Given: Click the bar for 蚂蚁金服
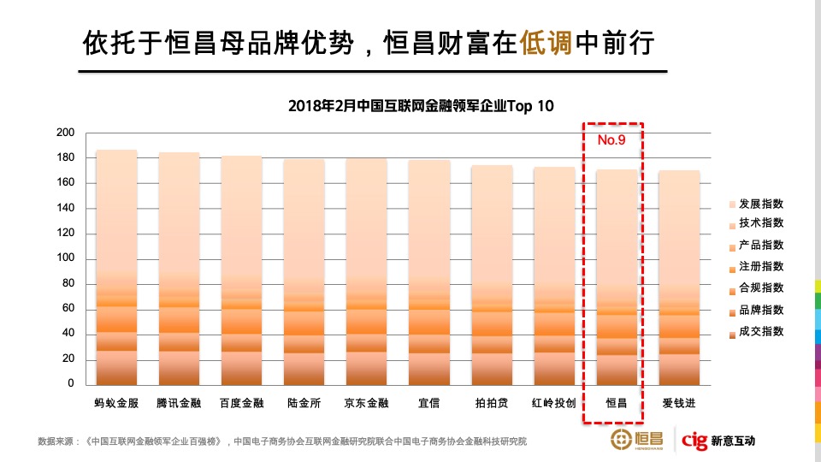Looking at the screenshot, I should pos(116,267).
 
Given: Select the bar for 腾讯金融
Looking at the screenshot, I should pos(179,269).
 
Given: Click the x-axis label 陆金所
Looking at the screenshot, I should pos(304,402).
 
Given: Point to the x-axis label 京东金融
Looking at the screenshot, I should pos(366,402).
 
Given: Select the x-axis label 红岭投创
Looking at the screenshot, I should pos(554,402).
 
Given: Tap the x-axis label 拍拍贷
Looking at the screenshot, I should pos(492,402).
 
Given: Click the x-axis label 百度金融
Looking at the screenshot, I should pos(241,402).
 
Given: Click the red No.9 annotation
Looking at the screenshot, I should pos(611,139).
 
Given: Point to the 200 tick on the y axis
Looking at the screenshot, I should pos(65,133).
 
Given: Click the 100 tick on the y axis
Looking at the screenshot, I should pos(65,258).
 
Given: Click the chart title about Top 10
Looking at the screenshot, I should pos(421,106).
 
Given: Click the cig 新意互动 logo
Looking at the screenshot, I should pos(718,441).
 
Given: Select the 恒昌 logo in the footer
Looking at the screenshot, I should pos(636,441).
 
